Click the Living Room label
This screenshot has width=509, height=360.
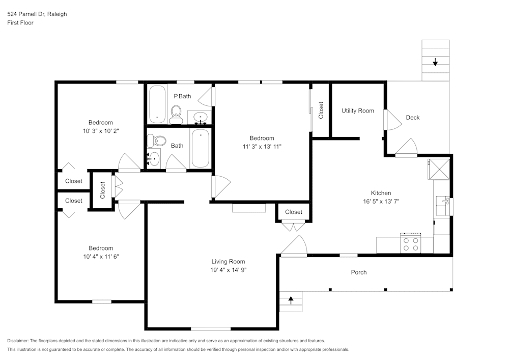pos(228,261)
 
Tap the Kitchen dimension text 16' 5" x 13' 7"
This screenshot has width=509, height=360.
pos(381,201)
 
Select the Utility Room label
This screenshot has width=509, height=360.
pos(357,110)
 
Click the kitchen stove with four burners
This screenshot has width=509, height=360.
pos(411,244)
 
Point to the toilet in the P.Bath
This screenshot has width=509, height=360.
pos(176,114)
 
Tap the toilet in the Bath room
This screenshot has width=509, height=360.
pos(160,141)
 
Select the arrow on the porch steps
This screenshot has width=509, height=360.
pos(291,300)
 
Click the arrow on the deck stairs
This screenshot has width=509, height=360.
pos(435,62)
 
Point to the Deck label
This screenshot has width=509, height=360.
pos(413,118)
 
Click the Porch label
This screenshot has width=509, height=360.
pos(359,272)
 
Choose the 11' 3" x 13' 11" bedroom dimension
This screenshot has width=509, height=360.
pos(262,146)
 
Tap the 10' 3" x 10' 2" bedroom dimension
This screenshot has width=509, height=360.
pos(100,130)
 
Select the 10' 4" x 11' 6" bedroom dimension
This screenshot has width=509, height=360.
pos(100,256)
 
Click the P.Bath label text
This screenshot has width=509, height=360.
pos(182,96)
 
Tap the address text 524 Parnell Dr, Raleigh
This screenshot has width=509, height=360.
pos(37,14)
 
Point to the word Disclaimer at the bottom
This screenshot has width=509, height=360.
pos(18,341)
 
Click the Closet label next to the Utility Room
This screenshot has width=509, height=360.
pos(321,110)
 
